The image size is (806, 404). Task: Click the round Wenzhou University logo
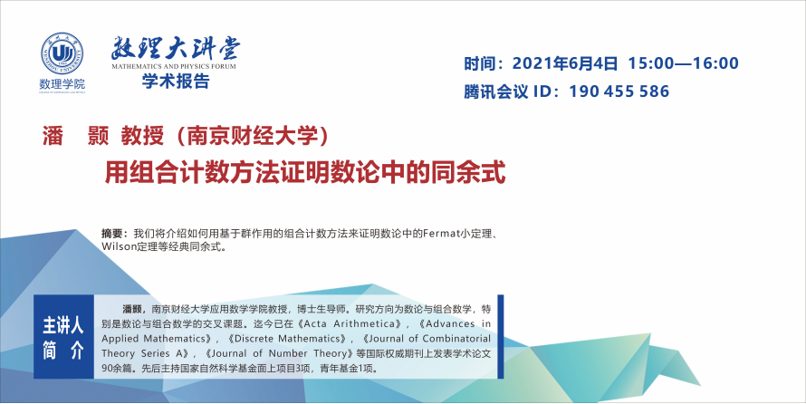62,54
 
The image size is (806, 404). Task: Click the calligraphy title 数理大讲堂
176,48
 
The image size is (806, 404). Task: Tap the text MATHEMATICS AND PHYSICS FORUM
174,66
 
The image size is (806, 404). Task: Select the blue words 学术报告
176,82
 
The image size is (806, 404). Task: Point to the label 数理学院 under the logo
62,83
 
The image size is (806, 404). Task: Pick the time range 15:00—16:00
683,63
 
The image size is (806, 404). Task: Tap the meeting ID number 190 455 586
619,91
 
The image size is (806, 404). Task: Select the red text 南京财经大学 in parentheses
253,137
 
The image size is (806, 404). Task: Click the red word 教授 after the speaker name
142,137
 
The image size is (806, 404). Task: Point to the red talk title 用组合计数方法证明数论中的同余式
305,173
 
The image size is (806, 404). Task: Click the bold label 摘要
111,234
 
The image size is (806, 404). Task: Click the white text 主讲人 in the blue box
63,326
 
